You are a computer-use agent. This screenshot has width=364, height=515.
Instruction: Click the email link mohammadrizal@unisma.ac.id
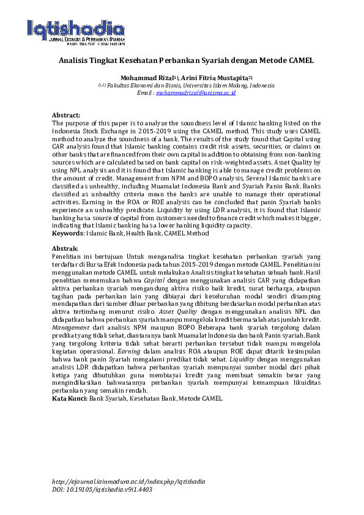[196, 92]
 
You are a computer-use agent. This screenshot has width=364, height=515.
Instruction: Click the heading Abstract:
[66, 115]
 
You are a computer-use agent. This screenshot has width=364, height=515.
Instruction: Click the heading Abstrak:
[65, 249]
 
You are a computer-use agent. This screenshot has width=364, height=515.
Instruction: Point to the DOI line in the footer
[102, 489]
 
